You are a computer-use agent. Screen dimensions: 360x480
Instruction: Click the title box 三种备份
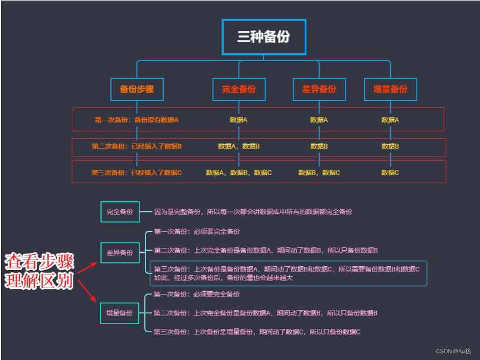(264, 37)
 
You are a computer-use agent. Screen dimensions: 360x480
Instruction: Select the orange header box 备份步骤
(137, 89)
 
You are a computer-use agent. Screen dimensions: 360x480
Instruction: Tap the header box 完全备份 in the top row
(239, 89)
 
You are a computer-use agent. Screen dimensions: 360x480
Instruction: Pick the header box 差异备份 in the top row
(319, 89)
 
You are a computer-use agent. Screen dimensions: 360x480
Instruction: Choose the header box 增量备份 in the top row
(390, 89)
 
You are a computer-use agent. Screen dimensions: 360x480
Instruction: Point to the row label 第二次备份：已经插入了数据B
(137, 146)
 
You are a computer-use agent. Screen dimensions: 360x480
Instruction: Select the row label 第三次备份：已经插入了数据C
(137, 173)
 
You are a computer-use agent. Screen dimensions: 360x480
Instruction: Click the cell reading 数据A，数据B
(239, 146)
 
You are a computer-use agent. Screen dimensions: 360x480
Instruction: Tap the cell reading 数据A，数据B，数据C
(239, 173)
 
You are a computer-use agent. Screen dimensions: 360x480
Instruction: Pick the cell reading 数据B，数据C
(319, 173)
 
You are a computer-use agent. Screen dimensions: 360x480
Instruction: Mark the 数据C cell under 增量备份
(390, 173)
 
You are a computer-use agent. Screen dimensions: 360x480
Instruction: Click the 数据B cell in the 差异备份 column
(319, 146)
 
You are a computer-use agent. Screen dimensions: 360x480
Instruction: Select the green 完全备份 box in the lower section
(120, 211)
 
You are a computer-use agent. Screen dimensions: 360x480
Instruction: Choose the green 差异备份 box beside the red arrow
(120, 252)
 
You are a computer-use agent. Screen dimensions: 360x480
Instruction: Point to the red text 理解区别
(39, 281)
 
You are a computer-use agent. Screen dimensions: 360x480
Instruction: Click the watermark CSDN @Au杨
(453, 351)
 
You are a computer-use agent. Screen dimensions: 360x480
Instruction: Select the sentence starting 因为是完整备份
(253, 211)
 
